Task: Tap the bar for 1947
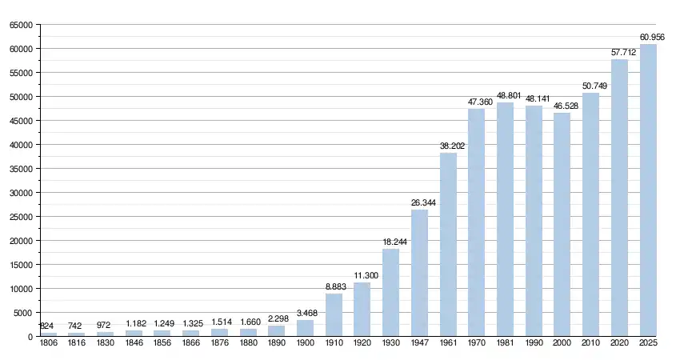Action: pos(419,273)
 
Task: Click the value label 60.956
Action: pos(652,37)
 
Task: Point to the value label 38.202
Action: pos(453,146)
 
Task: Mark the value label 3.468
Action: pos(310,313)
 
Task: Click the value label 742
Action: pos(76,326)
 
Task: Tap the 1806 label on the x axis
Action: pos(48,342)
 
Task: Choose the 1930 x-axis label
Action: pos(390,342)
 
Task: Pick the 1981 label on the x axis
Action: pos(505,342)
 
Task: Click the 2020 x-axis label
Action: pos(619,342)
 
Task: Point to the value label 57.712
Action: pos(624,52)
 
